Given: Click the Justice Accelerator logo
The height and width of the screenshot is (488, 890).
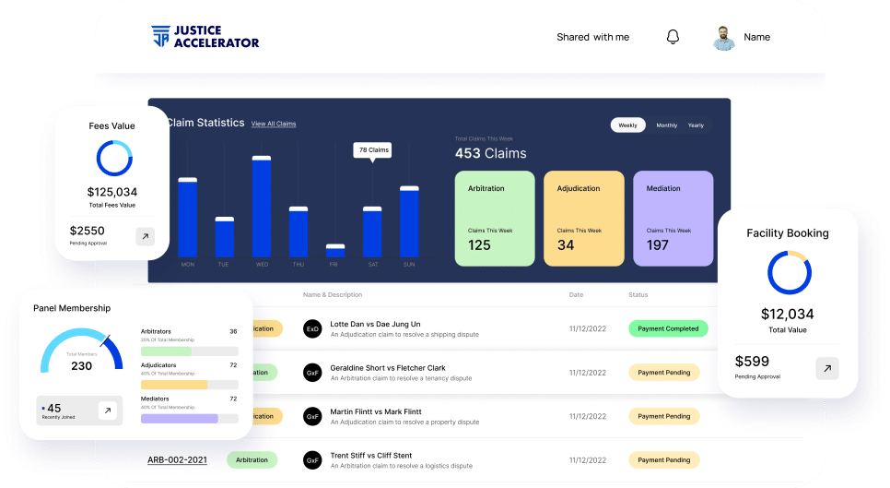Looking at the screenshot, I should point(205,37).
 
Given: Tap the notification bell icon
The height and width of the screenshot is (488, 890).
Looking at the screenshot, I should point(673,37).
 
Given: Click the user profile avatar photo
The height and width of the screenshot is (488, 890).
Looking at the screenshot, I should point(724,38).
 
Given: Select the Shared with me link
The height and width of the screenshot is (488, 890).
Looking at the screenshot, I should point(592,37).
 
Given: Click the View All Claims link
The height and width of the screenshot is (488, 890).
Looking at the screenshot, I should point(274,124).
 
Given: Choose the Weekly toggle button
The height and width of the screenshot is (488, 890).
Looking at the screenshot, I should point(627,125).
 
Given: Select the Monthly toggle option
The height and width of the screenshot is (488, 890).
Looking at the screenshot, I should point(666,125).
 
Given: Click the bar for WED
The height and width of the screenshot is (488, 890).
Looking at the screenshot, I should point(262,207).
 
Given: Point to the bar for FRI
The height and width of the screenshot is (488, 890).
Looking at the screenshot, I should point(335,250).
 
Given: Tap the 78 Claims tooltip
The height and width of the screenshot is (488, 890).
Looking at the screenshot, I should point(373,149).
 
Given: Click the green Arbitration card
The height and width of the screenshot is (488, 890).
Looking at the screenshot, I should point(494,218).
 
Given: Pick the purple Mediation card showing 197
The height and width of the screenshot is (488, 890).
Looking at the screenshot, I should point(673,218).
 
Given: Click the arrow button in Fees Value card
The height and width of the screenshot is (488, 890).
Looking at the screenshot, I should point(145,236).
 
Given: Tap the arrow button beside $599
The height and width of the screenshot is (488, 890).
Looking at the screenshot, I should point(826,368).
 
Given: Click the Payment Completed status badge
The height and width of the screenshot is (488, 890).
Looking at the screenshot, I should point(668,328).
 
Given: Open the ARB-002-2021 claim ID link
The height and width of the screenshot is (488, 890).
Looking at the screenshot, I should point(177,459).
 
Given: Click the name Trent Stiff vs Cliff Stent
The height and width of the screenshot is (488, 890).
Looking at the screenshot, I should point(371,455).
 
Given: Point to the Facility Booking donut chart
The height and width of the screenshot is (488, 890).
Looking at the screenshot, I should point(789,273).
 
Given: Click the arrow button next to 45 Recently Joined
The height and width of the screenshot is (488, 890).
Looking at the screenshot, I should point(108,411).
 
